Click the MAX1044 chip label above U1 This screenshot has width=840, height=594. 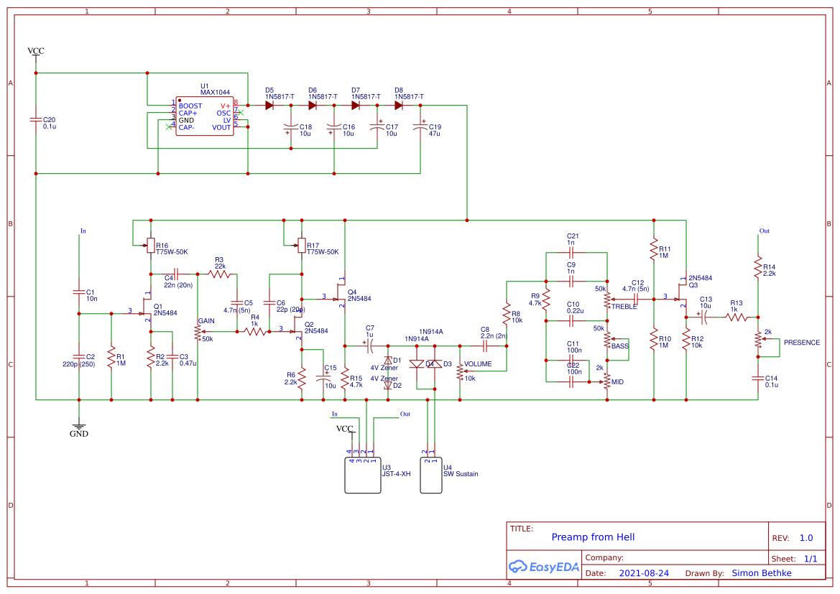click(x=215, y=93)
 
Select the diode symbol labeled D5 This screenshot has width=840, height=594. click(x=269, y=105)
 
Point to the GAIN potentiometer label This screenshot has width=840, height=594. click(x=206, y=320)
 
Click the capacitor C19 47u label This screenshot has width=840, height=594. click(x=435, y=130)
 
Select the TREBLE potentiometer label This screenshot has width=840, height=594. click(x=624, y=307)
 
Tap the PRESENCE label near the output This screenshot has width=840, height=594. click(x=801, y=343)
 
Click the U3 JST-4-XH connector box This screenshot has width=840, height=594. click(x=363, y=474)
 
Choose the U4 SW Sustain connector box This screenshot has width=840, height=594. click(x=430, y=474)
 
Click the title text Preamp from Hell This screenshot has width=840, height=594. click(x=593, y=537)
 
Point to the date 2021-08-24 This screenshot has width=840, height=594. click(x=643, y=573)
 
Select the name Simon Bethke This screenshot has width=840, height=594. click(x=761, y=573)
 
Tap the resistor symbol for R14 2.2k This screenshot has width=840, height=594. click(x=757, y=269)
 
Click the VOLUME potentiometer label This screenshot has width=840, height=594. click(x=478, y=364)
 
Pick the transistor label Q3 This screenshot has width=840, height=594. click(x=693, y=285)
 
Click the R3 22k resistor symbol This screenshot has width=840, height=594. click(x=219, y=274)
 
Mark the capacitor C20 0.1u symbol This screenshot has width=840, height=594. click(x=35, y=121)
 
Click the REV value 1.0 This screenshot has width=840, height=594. click(x=806, y=538)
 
